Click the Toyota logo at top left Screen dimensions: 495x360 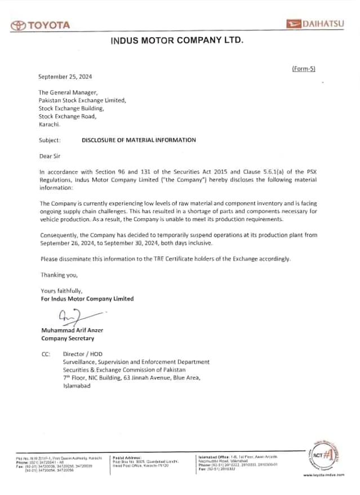click(41, 25)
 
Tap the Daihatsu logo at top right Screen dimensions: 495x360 click(319, 24)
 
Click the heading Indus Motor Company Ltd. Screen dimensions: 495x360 click(177, 40)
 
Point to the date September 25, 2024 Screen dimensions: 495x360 click(65, 76)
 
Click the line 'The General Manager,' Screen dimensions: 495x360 click(68, 92)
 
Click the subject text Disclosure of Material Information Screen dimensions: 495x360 click(139, 140)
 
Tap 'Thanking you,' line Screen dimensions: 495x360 click(59, 275)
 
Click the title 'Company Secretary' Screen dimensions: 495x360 click(68, 338)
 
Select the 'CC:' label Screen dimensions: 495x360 click(46, 354)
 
